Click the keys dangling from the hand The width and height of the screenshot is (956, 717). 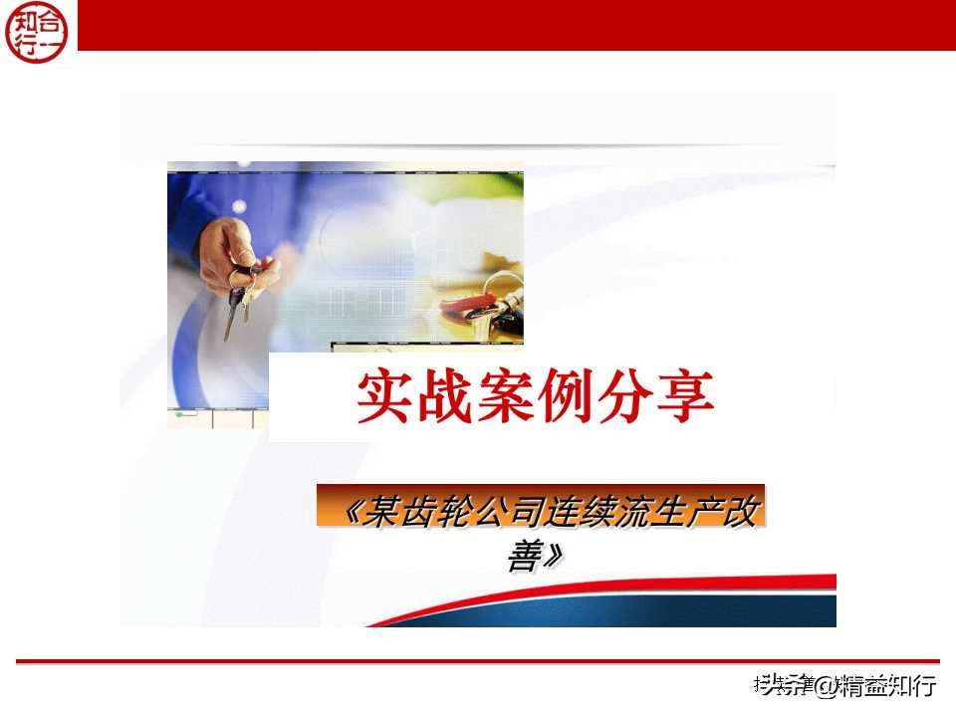click(x=239, y=299)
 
